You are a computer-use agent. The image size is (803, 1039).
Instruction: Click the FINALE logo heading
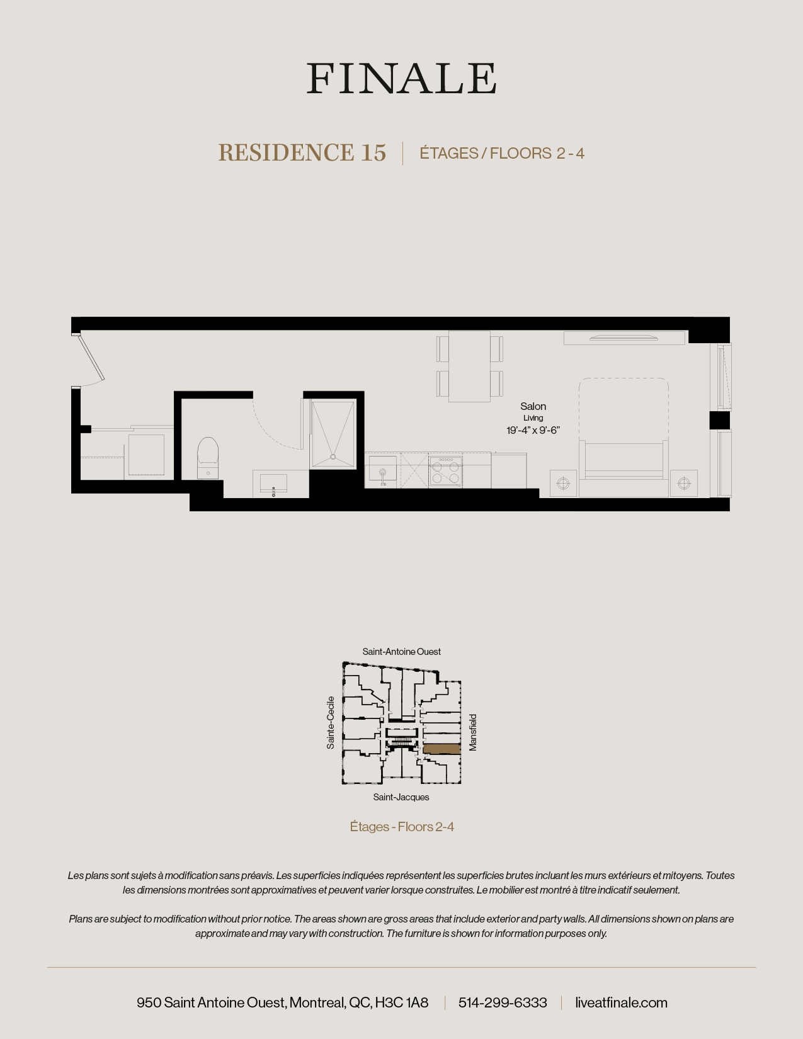click(x=401, y=79)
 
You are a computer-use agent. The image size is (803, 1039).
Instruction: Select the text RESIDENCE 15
click(x=302, y=153)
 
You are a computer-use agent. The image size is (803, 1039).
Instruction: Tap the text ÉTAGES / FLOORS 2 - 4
click(x=502, y=154)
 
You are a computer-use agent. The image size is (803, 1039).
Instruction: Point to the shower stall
click(x=333, y=434)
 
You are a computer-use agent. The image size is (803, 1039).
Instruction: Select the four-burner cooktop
click(x=446, y=470)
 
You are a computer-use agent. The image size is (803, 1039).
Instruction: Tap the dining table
click(x=469, y=366)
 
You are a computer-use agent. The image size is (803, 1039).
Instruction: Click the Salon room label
click(x=533, y=407)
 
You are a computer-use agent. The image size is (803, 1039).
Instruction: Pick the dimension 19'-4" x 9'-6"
click(x=533, y=431)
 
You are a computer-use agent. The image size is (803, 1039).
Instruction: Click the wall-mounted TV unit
click(x=624, y=338)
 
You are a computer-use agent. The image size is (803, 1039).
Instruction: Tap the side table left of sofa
click(x=563, y=483)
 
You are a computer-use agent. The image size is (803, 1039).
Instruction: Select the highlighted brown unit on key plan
click(x=441, y=749)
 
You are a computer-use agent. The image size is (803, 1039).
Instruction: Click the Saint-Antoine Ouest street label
click(x=401, y=652)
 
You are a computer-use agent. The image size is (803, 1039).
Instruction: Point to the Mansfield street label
click(x=473, y=732)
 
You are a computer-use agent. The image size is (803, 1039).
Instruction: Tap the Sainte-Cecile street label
click(x=331, y=722)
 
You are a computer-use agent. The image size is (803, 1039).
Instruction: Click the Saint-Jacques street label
click(x=401, y=797)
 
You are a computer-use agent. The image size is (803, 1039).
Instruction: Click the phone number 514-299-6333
click(x=503, y=1002)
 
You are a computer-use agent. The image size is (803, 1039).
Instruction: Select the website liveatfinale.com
click(x=621, y=1002)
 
